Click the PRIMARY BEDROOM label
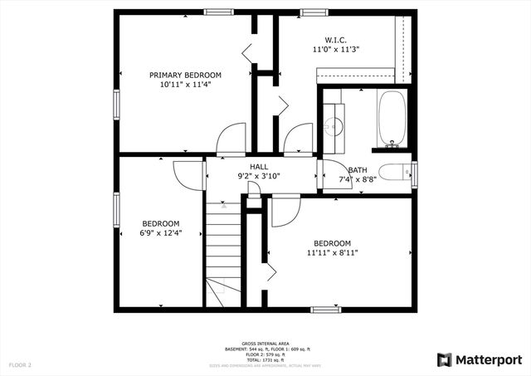point(185,75)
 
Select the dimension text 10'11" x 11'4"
point(185,85)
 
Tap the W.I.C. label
point(335,40)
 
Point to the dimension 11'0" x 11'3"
point(335,50)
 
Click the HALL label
point(258,166)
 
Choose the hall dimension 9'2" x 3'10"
point(260,176)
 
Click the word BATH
point(358,169)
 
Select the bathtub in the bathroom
point(391,118)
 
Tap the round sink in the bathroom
point(334,126)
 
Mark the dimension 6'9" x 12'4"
point(161,233)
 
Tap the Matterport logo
point(480,359)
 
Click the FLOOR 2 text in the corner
point(20,364)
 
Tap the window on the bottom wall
point(325,310)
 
